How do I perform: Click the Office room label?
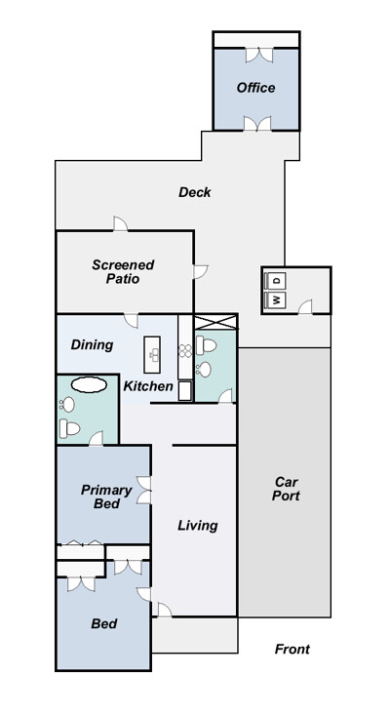pyautogui.click(x=255, y=88)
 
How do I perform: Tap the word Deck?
pyautogui.click(x=195, y=192)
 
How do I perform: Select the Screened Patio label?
pyautogui.click(x=123, y=272)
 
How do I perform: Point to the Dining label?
pyautogui.click(x=92, y=344)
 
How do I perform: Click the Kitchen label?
pyautogui.click(x=148, y=386)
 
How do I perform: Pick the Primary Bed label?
pyautogui.click(x=106, y=497)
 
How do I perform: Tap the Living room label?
pyautogui.click(x=198, y=526)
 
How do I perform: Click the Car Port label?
pyautogui.click(x=286, y=489)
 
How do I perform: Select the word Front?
pyautogui.click(x=292, y=649)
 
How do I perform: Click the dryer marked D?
pyautogui.click(x=276, y=280)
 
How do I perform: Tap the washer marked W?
pyautogui.click(x=276, y=300)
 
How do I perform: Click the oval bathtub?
pyautogui.click(x=89, y=385)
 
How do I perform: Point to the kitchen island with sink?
pyautogui.click(x=152, y=355)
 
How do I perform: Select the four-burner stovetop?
pyautogui.click(x=185, y=350)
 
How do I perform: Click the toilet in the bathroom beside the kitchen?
pyautogui.click(x=206, y=345)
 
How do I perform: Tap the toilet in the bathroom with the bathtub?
pyautogui.click(x=69, y=428)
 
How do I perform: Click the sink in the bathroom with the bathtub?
pyautogui.click(x=67, y=405)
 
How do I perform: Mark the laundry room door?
pyautogui.click(x=305, y=307)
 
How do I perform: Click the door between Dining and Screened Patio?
pyautogui.click(x=132, y=321)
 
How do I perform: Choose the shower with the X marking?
pyautogui.click(x=215, y=322)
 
